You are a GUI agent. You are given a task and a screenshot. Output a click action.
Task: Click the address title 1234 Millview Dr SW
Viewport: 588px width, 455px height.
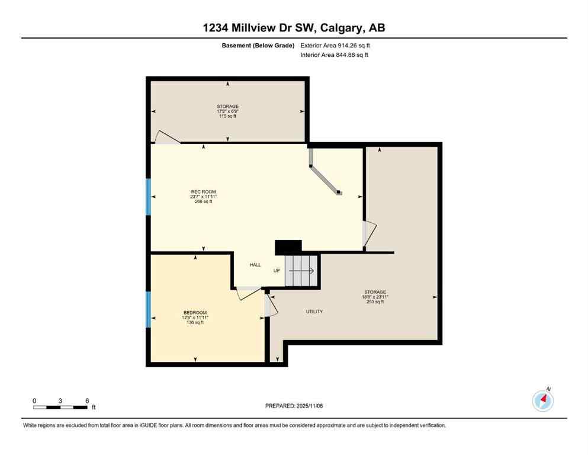coord(294,28)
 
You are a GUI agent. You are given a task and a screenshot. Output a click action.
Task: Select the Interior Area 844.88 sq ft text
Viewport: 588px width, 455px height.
coord(336,55)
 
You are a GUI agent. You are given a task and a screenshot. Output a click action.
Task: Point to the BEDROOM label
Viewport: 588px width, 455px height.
coord(195,312)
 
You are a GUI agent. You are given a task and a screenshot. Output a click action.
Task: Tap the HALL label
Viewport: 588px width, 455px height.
coord(255,265)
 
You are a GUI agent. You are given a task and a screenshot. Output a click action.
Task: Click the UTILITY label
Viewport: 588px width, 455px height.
coord(314,312)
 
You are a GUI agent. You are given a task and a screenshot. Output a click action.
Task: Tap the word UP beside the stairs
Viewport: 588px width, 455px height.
coord(277,271)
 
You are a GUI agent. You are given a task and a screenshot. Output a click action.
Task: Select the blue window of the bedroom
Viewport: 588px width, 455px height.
coord(148,309)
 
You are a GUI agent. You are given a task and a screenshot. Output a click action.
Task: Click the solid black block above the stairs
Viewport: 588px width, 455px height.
coord(288,246)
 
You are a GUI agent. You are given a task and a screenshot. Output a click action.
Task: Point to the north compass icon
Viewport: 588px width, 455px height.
coord(542,400)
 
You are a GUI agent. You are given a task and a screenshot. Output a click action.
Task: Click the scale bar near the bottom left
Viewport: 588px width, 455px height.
coord(61,407)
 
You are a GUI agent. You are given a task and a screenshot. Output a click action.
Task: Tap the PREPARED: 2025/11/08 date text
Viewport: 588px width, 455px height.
coord(294,406)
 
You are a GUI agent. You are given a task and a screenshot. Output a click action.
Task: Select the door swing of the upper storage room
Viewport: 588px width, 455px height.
coord(166,137)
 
